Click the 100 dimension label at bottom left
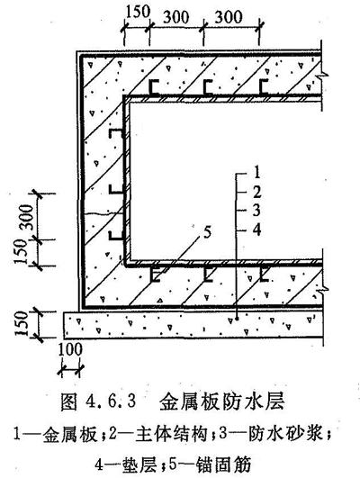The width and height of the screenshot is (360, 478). (x=70, y=349)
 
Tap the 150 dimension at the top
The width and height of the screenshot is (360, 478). (x=138, y=13)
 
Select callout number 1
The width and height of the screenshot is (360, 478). (x=257, y=172)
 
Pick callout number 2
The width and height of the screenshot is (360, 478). (x=257, y=192)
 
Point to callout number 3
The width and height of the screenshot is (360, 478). (x=256, y=211)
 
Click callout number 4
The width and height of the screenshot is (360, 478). (x=257, y=230)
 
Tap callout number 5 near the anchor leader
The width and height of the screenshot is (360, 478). (x=207, y=232)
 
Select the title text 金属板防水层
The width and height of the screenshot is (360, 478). (x=222, y=401)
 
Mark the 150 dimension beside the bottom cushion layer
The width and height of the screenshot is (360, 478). (x=22, y=323)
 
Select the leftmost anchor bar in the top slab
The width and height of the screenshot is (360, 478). (x=154, y=88)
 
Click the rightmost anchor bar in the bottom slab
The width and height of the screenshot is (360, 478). (x=264, y=274)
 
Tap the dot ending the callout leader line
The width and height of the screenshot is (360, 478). (x=237, y=320)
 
